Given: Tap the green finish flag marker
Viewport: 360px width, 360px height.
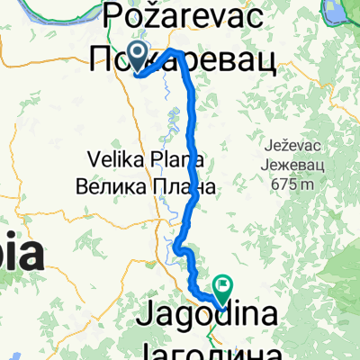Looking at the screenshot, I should pyautogui.click(x=222, y=287).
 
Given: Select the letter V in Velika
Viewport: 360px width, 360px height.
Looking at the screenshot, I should pyautogui.click(x=94, y=159).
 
